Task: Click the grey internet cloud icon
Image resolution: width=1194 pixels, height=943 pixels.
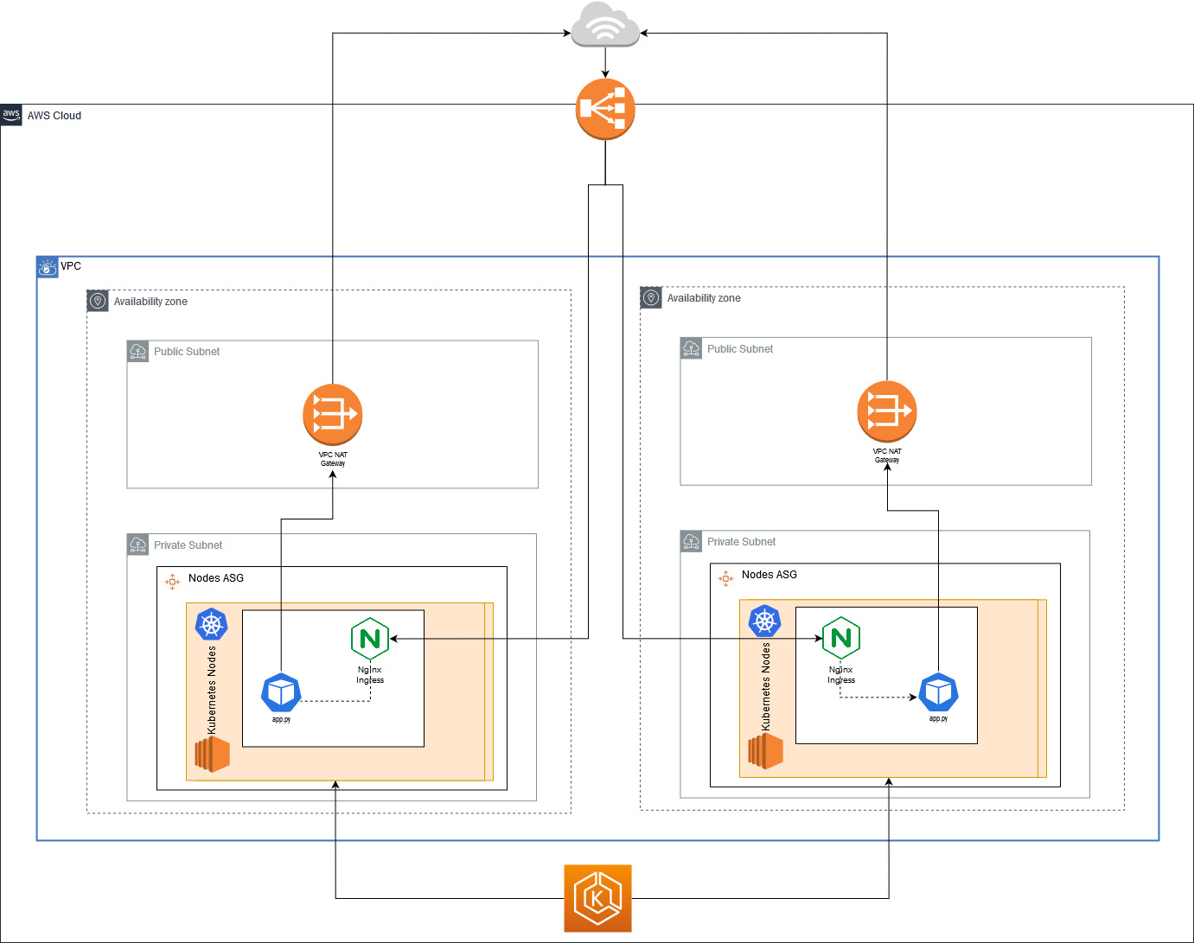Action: pyautogui.click(x=605, y=25)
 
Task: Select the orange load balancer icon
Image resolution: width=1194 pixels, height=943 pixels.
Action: pyautogui.click(x=605, y=110)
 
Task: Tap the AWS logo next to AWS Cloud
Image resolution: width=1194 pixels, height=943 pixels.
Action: pyautogui.click(x=11, y=115)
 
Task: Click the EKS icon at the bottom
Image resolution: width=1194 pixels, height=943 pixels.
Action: pyautogui.click(x=597, y=898)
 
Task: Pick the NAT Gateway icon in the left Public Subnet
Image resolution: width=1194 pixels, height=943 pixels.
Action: pyautogui.click(x=333, y=414)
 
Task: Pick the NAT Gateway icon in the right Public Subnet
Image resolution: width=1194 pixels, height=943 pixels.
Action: pyautogui.click(x=886, y=411)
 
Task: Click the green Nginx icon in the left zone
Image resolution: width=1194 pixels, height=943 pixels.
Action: pyautogui.click(x=370, y=639)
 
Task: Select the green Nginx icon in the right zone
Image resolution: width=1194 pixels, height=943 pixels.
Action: pyautogui.click(x=840, y=638)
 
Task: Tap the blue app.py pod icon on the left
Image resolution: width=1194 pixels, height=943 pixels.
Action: pyautogui.click(x=281, y=692)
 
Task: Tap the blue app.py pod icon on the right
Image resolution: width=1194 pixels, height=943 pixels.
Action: pyautogui.click(x=938, y=692)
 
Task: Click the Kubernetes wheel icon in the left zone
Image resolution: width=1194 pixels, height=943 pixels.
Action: pyautogui.click(x=212, y=624)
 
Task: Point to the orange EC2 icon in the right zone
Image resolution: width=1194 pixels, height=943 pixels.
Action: pyautogui.click(x=766, y=750)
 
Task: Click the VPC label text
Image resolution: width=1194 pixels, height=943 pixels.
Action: pyautogui.click(x=71, y=266)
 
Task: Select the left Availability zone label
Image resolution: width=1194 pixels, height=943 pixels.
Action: pyautogui.click(x=150, y=302)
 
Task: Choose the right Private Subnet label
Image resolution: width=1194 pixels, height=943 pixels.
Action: pyautogui.click(x=741, y=542)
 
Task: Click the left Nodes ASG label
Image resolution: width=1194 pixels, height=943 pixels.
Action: pyautogui.click(x=216, y=578)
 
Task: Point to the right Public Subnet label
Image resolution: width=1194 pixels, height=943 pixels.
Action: pyautogui.click(x=740, y=349)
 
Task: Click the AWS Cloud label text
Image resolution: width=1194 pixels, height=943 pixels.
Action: pyautogui.click(x=54, y=116)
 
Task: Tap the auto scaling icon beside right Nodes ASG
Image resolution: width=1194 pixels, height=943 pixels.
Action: pyautogui.click(x=725, y=578)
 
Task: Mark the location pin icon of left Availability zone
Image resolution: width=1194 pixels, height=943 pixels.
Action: pyautogui.click(x=98, y=301)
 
